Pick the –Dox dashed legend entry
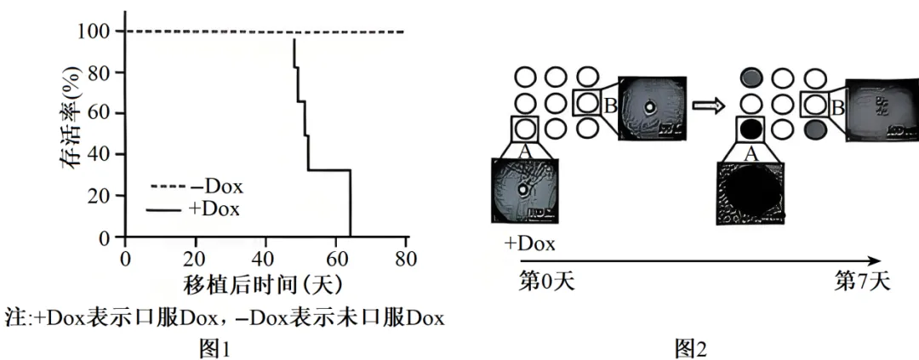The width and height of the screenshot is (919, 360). pos(195,186)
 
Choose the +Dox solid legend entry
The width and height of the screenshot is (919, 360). pos(195,209)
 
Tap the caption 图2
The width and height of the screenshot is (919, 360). pos(689,347)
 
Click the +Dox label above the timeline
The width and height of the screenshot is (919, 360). pos(529,244)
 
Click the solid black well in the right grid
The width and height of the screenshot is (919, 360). pos(750,130)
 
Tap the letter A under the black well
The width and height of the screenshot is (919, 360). pos(750,153)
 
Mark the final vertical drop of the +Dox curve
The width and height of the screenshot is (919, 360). pos(350,204)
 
